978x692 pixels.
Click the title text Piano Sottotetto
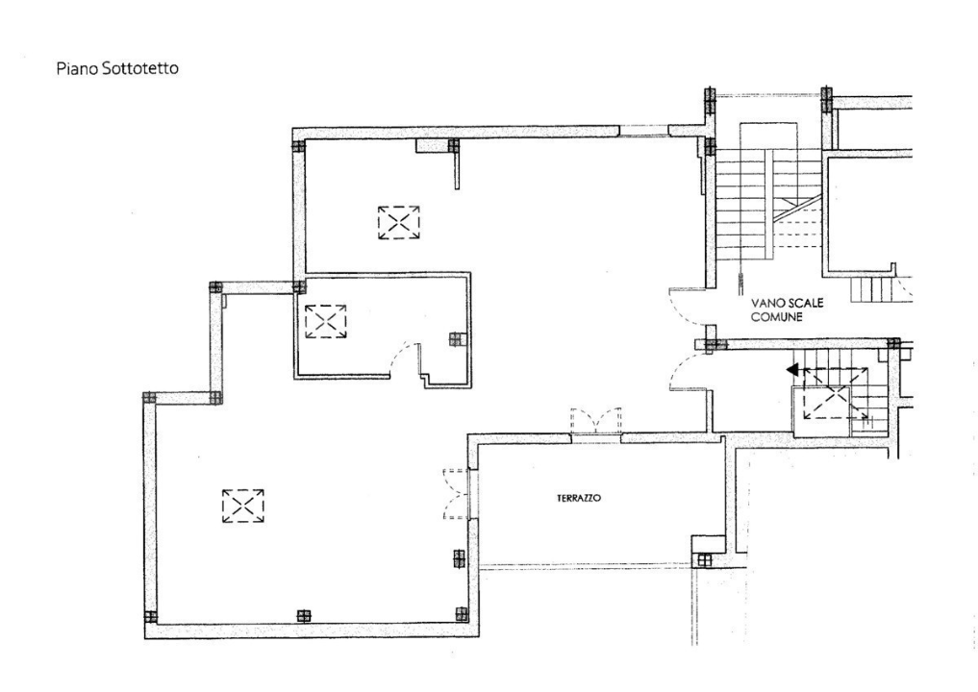(x=116, y=69)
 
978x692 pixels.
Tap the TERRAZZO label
(x=579, y=499)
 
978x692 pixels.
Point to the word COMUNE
(x=776, y=315)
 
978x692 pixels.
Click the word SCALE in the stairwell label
(x=805, y=302)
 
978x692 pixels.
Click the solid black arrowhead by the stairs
(x=792, y=369)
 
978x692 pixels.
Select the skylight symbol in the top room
(x=398, y=222)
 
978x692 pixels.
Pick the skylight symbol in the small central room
(x=325, y=320)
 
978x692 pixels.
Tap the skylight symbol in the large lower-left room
(x=242, y=506)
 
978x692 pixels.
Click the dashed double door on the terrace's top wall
(x=595, y=423)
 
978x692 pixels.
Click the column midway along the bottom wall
(x=304, y=616)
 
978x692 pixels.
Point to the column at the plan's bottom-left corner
(x=150, y=616)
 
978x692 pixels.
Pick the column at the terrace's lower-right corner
(x=703, y=559)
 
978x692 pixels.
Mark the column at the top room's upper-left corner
(x=298, y=147)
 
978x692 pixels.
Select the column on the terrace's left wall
(x=460, y=558)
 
